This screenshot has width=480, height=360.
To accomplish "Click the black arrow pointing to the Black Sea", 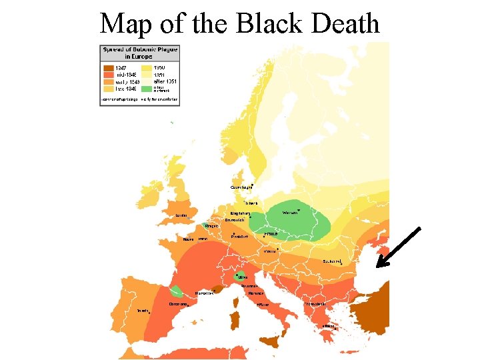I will click(398, 247).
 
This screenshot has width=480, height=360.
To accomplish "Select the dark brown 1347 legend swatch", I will click(108, 68).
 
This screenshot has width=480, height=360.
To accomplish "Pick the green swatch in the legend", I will click(146, 87).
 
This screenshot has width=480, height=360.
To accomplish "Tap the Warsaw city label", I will click(291, 213).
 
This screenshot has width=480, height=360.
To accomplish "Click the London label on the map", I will click(181, 215).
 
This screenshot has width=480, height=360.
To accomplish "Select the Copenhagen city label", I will click(241, 187).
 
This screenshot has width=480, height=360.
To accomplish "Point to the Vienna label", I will click(270, 251).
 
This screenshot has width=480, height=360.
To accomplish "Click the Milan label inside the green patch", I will click(243, 277).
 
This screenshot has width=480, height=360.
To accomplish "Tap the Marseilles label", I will click(204, 293).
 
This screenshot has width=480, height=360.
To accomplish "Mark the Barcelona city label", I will click(178, 304).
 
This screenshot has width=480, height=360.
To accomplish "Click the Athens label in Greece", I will click(329, 326).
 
